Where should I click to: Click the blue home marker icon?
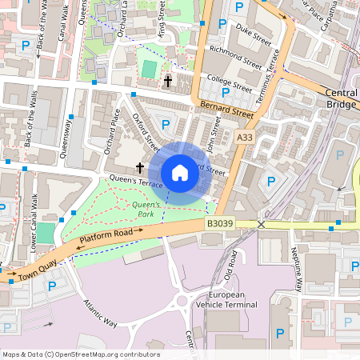(180, 173)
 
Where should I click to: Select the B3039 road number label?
(220, 225)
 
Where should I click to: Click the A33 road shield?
(246, 138)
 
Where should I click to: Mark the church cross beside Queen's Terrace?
(140, 168)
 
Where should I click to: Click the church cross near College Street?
(168, 81)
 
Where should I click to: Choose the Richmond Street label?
(234, 57)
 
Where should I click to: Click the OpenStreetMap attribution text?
(80, 354)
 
